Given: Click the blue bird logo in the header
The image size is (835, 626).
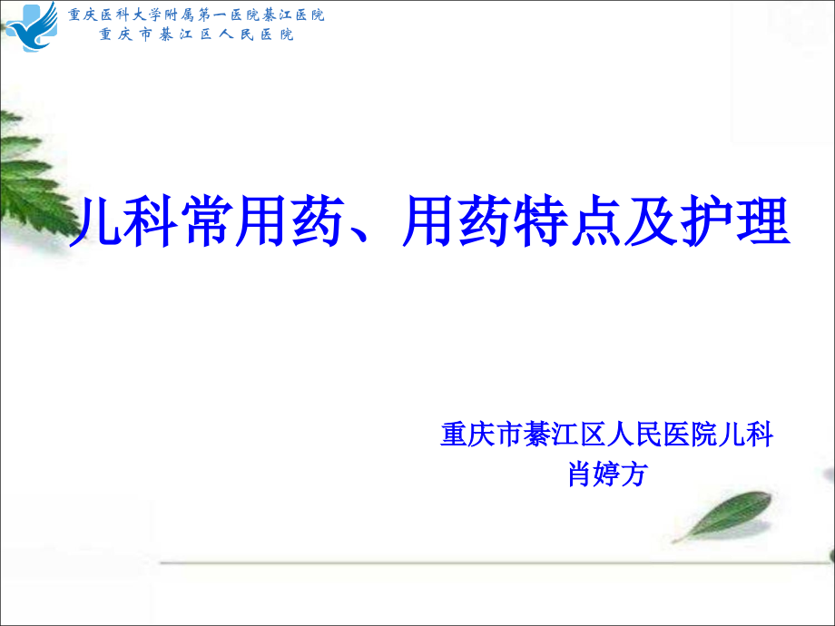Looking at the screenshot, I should [31, 27].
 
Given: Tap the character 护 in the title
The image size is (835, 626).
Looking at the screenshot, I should [702, 223].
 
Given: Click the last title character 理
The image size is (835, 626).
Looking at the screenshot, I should [761, 223].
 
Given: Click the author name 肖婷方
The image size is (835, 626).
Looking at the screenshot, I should [605, 473].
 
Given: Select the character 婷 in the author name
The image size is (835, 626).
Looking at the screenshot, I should [605, 473].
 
